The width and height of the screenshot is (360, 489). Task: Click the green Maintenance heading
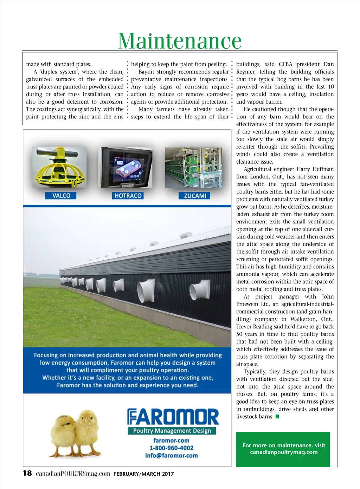(180, 41)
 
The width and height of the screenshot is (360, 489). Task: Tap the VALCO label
(61, 196)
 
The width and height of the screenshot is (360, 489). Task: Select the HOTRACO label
(128, 196)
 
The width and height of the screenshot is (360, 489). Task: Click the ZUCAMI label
(194, 196)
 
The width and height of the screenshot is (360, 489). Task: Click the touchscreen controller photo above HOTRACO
(127, 167)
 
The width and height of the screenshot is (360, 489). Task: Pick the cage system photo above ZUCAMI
(193, 167)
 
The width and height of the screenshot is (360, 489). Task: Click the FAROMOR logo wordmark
(173, 417)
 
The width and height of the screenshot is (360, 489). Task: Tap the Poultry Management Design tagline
(172, 431)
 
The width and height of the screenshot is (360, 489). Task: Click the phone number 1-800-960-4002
(171, 448)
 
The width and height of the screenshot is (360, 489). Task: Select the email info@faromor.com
(171, 456)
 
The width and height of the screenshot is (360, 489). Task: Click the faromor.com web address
(171, 441)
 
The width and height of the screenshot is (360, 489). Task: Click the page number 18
(27, 473)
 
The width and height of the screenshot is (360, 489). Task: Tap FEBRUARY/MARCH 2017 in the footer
(143, 474)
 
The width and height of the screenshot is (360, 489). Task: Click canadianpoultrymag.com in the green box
(284, 452)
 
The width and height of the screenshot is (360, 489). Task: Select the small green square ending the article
(277, 417)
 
